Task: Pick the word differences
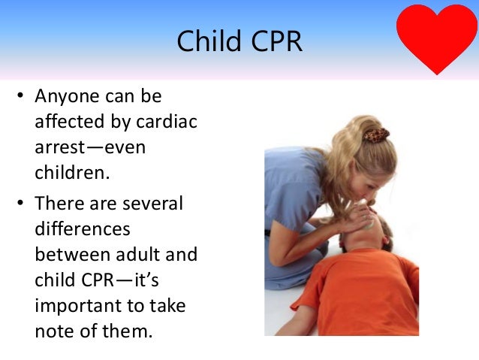[83, 228]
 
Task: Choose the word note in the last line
[53, 331]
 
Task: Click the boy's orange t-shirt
[360, 293]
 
